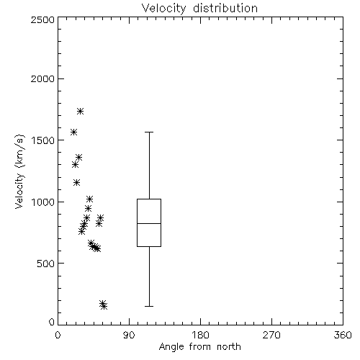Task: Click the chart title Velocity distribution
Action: point(199,9)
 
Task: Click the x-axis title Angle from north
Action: point(199,347)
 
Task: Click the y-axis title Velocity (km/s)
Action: point(19,171)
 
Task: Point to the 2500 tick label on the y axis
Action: point(42,19)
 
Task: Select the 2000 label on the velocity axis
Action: point(42,79)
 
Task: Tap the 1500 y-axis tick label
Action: point(43,140)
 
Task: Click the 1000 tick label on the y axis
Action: point(43,202)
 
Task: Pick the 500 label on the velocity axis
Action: point(46,264)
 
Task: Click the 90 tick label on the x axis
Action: point(129,335)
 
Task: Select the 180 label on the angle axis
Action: point(200,335)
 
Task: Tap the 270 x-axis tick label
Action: point(271,335)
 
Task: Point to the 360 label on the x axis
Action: point(343,335)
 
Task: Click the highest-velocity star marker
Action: point(80,111)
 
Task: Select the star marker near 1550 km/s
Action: point(73,132)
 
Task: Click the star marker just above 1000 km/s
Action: point(89,199)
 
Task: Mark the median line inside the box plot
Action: point(149,223)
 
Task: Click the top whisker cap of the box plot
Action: point(149,132)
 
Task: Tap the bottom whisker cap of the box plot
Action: point(149,306)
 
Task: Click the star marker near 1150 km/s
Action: point(76,183)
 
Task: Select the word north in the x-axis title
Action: point(229,347)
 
